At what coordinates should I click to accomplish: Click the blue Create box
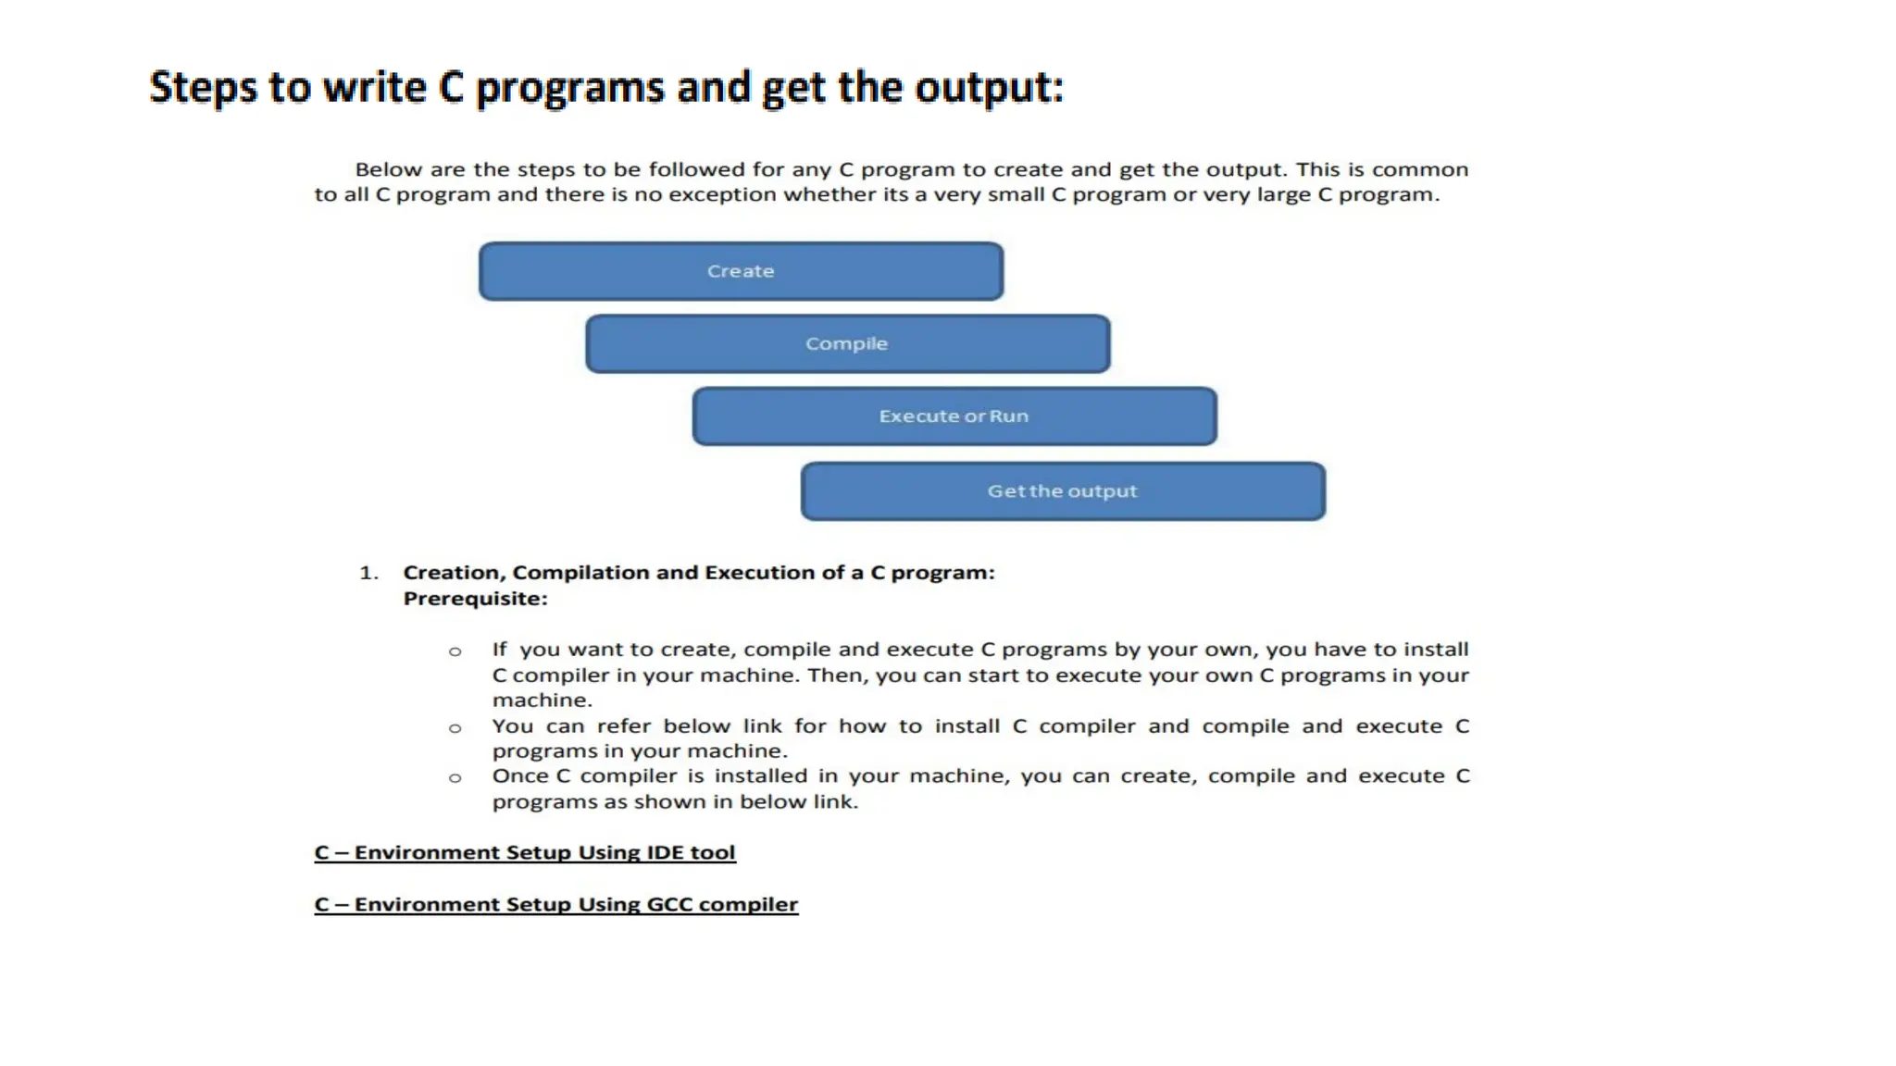click(741, 271)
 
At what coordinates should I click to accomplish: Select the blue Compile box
click(847, 343)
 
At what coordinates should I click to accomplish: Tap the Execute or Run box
click(954, 416)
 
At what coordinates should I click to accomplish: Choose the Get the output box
click(1062, 491)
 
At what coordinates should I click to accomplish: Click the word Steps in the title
click(203, 88)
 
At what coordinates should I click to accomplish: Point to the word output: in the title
click(989, 88)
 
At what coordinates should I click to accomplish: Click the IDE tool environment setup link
click(525, 852)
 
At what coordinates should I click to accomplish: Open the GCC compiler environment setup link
click(555, 904)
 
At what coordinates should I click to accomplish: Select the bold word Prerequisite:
click(475, 599)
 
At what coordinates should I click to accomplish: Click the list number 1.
click(368, 573)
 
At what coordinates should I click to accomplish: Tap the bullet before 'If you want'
click(455, 651)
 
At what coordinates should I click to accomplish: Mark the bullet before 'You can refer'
click(455, 728)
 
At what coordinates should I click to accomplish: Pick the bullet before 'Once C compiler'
click(455, 778)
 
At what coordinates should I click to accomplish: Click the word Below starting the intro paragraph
click(388, 169)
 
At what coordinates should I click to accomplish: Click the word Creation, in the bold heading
click(454, 573)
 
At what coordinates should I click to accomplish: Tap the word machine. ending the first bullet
click(542, 700)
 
